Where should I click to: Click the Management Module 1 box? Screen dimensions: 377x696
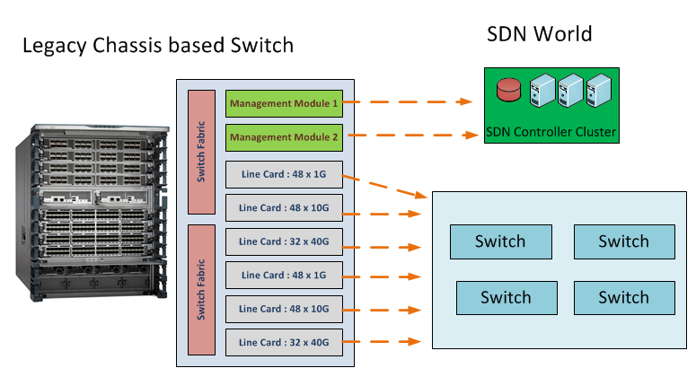(x=283, y=103)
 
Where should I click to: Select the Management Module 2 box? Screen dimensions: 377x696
(x=283, y=137)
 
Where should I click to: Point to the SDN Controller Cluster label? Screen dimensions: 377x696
(x=551, y=132)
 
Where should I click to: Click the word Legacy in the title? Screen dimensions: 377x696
(x=55, y=45)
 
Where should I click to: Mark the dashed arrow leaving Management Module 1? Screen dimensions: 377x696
(x=409, y=102)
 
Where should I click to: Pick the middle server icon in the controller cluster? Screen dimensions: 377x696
(x=568, y=90)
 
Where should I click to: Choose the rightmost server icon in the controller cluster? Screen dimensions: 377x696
(x=596, y=90)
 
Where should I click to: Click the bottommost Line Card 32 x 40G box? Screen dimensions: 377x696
(x=283, y=341)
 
